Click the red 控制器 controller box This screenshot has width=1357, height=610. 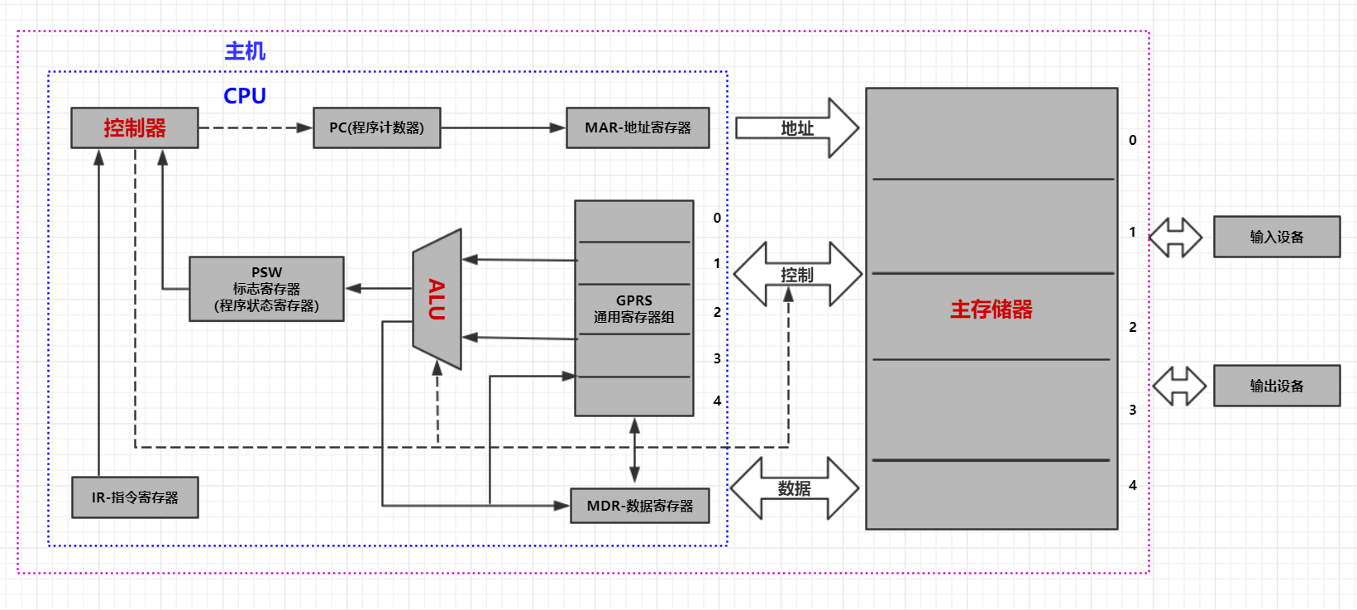point(134,128)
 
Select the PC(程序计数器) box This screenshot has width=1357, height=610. point(376,128)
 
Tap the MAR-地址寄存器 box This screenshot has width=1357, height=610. point(638,128)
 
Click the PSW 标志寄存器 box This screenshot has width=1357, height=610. point(266,289)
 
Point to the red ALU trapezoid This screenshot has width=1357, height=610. point(437,300)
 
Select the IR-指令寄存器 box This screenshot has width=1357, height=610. point(135,497)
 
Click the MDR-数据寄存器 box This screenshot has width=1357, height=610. point(639,506)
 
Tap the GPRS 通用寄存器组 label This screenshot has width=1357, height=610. point(633,309)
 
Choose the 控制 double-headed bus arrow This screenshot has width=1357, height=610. point(797,275)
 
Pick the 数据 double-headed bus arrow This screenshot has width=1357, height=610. point(795,488)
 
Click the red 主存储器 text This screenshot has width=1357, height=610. point(991,310)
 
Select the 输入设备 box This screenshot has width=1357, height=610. point(1276,237)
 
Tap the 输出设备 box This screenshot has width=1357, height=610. point(1276,386)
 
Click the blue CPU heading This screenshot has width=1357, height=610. point(245,96)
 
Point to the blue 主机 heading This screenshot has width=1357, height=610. point(245,51)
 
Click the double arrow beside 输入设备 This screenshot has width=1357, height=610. point(1176,238)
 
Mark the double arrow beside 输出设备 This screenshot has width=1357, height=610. point(1180,386)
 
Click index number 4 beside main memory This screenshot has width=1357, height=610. point(1132,485)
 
